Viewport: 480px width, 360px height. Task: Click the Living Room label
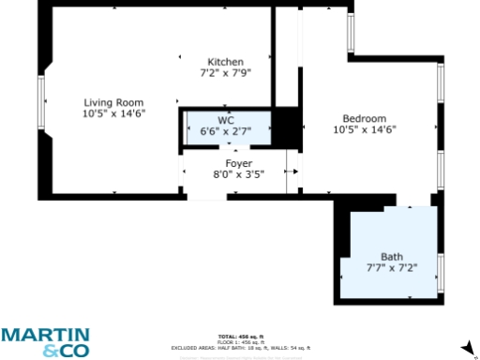[113, 102]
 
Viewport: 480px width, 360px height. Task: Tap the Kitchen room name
[225, 61]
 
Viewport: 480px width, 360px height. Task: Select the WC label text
[226, 120]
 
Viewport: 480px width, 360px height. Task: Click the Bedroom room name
[364, 118]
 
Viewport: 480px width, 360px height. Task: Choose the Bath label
[391, 257]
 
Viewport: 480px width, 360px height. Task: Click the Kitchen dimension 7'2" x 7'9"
[225, 72]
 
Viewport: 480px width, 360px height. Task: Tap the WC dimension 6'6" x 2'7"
[226, 131]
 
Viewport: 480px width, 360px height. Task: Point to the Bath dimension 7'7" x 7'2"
[391, 268]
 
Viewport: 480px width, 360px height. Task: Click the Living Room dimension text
[113, 113]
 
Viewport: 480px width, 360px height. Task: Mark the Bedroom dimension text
[364, 129]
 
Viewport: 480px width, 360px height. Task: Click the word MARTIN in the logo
[45, 335]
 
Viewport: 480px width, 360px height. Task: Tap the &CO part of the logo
[62, 351]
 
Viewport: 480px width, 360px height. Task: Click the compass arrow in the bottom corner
[468, 348]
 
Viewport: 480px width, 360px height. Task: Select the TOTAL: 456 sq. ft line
[240, 336]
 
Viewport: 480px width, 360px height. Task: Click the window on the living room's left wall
[41, 103]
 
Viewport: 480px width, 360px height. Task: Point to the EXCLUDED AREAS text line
[240, 346]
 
